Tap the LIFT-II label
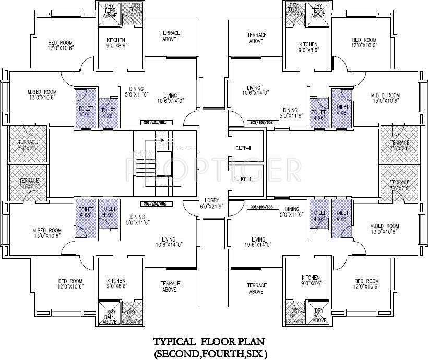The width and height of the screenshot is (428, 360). [x=244, y=179]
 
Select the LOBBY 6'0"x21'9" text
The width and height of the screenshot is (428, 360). [x=213, y=203]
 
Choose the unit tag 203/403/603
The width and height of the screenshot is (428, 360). [x=263, y=207]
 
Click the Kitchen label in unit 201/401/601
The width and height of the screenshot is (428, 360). [x=117, y=43]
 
